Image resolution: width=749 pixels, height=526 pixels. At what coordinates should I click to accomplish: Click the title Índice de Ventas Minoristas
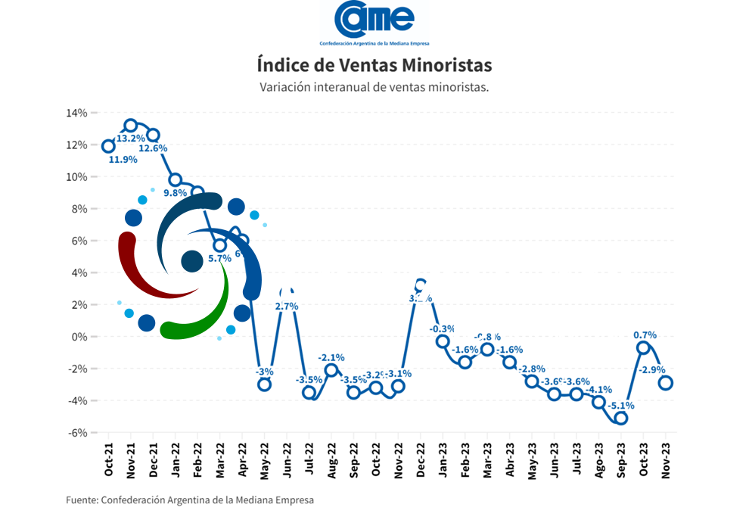pyautogui.click(x=374, y=63)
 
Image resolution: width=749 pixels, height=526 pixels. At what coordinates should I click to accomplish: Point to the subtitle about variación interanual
pyautogui.click(x=374, y=86)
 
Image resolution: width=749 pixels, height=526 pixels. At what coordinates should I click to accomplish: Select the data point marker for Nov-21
pyautogui.click(x=131, y=126)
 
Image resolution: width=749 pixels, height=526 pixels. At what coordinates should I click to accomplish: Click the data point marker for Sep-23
pyautogui.click(x=621, y=418)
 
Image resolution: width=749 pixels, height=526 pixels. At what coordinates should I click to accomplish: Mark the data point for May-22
pyautogui.click(x=264, y=384)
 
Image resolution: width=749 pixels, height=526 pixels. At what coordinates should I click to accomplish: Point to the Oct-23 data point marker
pyautogui.click(x=644, y=347)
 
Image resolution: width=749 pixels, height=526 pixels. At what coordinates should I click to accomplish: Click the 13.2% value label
pyautogui.click(x=130, y=139)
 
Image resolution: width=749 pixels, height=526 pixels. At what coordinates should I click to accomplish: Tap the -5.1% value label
pyautogui.click(x=621, y=406)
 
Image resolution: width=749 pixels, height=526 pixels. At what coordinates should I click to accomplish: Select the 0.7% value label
pyautogui.click(x=645, y=335)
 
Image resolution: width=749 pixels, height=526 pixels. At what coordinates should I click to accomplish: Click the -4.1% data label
pyautogui.click(x=599, y=390)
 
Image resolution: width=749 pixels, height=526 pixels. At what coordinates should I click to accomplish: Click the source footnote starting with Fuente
pyautogui.click(x=189, y=500)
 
